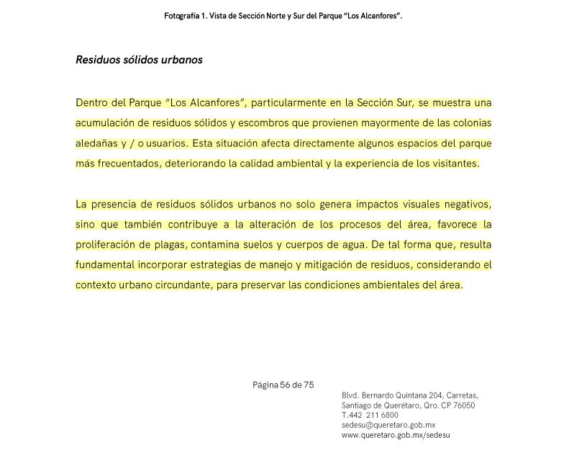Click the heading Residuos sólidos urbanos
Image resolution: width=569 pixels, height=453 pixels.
click(139, 60)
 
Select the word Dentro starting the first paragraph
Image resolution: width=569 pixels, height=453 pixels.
click(91, 102)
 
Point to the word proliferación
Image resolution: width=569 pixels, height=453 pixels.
click(107, 245)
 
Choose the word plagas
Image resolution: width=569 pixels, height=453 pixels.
click(173, 245)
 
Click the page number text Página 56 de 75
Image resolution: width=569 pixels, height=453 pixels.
click(283, 385)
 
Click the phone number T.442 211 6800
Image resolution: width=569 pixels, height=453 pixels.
click(370, 416)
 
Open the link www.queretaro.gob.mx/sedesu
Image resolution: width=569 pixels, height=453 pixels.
click(396, 436)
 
